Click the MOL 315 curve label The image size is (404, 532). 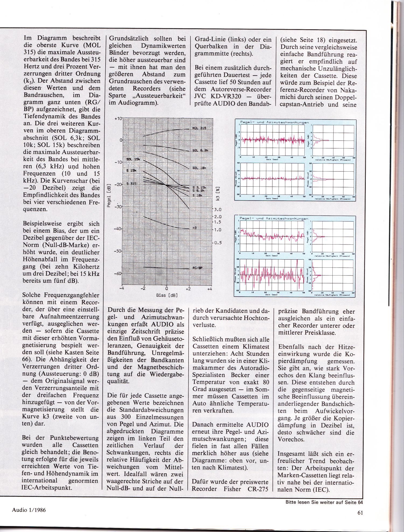click(199, 128)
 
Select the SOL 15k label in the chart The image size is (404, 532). click(133, 159)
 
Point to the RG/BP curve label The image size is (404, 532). click(198, 268)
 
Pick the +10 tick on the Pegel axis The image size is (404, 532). click(118, 119)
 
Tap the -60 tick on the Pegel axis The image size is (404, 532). click(118, 274)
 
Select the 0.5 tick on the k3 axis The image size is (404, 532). click(218, 243)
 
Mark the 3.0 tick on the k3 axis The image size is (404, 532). click(218, 210)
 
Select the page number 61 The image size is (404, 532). click(360, 513)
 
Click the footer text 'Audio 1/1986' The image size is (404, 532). click(29, 510)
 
